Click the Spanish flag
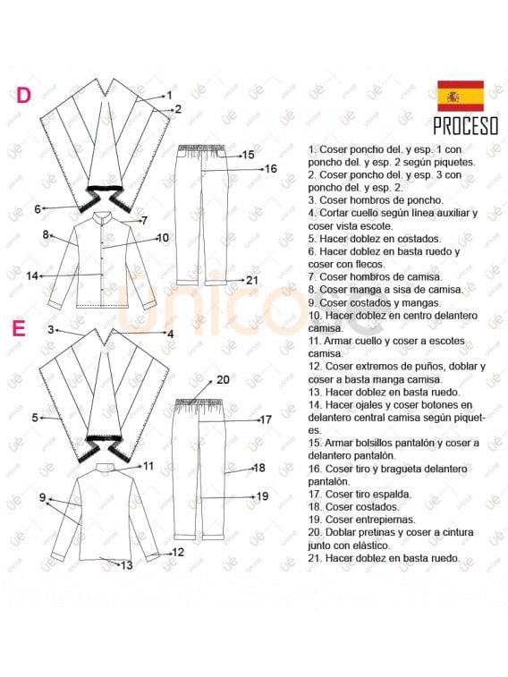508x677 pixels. pos(461,96)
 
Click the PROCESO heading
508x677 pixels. pos(466,126)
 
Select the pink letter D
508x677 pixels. pos(23,96)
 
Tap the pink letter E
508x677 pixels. pos(19,328)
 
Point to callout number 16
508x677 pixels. pos(271,169)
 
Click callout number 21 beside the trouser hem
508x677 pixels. pos(252,280)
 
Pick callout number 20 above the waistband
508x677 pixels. pos(223,380)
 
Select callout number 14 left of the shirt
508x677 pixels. pos(32,275)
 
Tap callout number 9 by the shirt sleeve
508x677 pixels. pos(42,497)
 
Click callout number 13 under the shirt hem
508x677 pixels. pos(126,565)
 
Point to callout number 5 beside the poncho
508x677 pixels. pos(36,418)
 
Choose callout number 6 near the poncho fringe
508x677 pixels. pos(38,209)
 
